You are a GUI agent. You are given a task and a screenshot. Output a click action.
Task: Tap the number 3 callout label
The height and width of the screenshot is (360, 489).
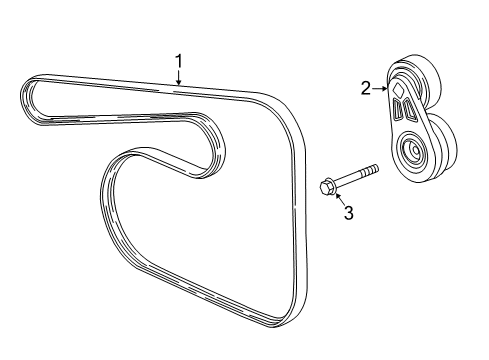[348, 212]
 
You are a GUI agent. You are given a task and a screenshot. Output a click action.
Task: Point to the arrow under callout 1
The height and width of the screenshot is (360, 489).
[179, 81]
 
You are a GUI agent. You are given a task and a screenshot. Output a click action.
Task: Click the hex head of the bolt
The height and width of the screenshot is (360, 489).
[328, 186]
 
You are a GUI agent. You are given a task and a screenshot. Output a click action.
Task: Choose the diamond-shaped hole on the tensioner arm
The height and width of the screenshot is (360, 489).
[398, 89]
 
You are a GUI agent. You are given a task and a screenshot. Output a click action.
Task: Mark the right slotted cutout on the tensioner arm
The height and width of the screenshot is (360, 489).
[409, 109]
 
